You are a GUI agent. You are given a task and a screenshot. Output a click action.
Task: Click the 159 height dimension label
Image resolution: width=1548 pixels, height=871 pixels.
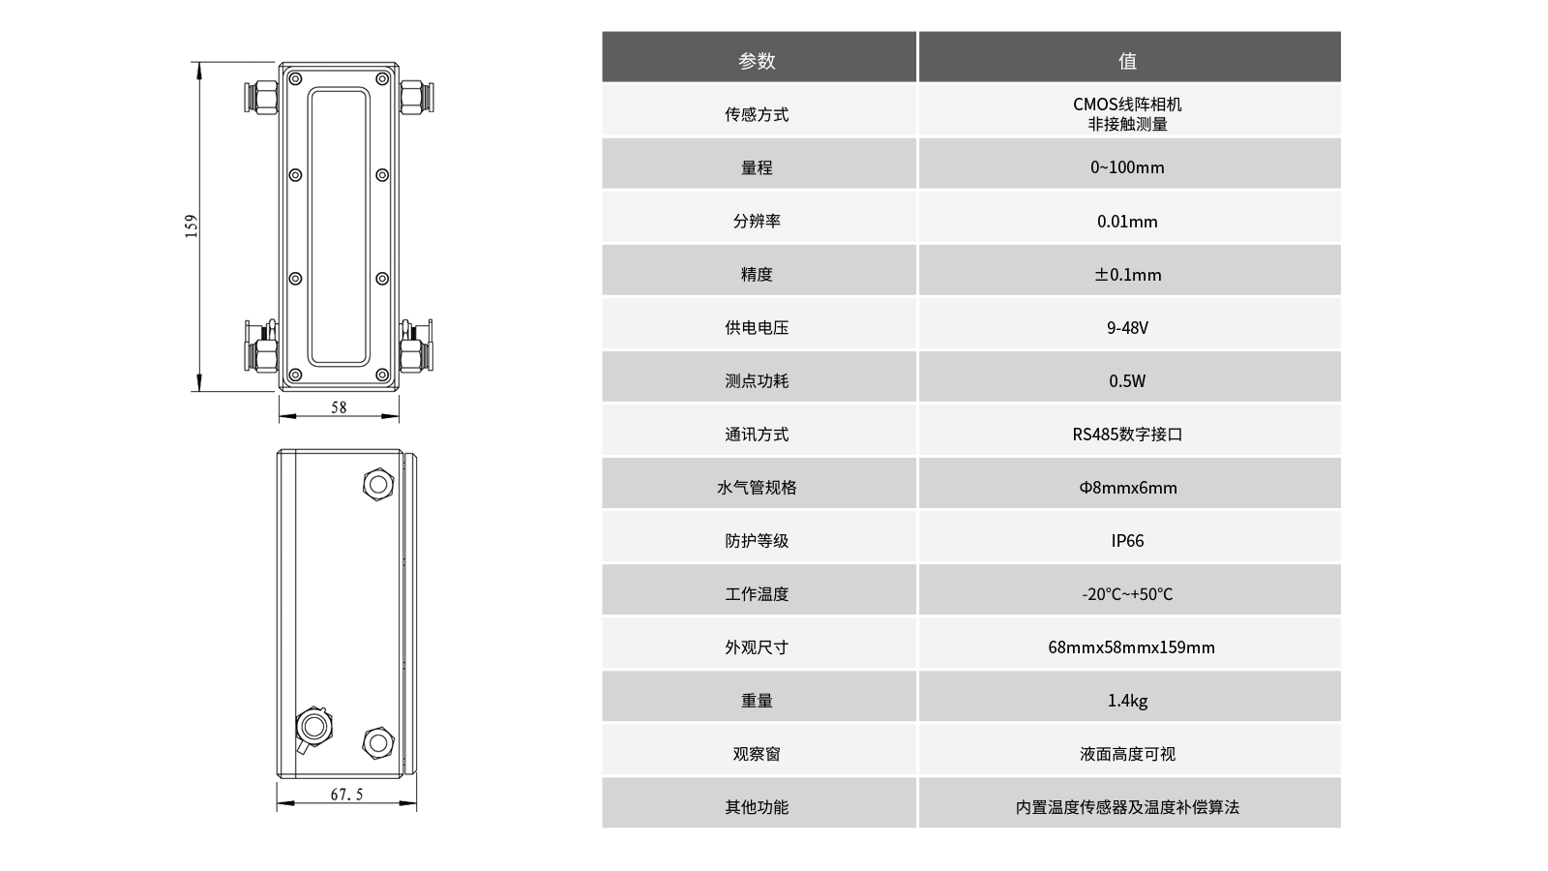coord(192,226)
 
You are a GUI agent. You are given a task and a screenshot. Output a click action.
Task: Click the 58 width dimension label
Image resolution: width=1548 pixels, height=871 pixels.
coord(339,407)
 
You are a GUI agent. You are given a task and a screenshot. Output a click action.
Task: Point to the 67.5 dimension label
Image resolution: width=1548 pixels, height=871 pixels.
coord(346,795)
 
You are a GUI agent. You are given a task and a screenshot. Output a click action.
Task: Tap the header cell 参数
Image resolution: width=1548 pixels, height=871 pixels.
coord(757,61)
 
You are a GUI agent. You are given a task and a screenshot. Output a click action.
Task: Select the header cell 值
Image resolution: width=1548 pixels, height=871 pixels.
coord(1127,61)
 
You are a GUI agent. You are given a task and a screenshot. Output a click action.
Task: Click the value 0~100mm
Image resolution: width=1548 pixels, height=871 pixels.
coord(1127,167)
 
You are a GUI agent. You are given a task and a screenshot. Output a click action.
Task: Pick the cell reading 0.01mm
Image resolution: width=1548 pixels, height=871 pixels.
coord(1127,222)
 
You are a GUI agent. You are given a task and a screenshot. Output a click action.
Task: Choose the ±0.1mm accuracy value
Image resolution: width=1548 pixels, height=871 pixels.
coord(1127,275)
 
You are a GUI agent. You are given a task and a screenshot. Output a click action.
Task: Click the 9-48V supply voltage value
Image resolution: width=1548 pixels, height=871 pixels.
coord(1127,328)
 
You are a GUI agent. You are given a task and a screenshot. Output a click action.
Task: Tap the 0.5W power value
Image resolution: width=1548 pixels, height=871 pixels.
coord(1127,381)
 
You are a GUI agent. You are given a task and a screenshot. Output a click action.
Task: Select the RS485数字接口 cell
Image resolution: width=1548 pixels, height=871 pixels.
coord(1127,435)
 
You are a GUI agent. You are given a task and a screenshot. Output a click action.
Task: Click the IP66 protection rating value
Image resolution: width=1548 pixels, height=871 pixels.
coord(1127,541)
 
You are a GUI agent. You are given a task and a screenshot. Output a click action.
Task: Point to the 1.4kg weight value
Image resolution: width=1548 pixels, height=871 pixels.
coord(1127,701)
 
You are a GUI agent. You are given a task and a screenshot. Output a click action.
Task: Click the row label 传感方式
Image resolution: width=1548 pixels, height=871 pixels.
coord(757,114)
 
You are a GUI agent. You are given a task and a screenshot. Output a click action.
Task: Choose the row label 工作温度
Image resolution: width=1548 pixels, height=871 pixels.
coord(757,594)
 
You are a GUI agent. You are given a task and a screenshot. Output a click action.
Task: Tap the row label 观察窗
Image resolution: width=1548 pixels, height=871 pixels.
coord(757,754)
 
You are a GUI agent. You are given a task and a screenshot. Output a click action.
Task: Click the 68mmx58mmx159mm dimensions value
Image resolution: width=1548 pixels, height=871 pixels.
coord(1131,647)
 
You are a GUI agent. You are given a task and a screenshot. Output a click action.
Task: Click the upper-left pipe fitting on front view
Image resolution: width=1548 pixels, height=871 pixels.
coord(261,97)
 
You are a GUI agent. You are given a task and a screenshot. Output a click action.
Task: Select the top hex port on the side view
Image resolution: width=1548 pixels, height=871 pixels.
coord(378,485)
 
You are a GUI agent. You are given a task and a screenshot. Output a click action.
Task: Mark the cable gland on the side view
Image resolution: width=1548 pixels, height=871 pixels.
coord(313,728)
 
